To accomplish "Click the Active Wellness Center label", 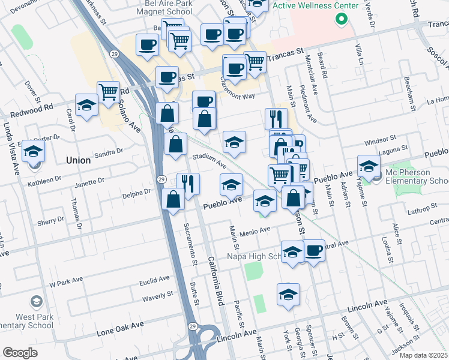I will coord(315,5).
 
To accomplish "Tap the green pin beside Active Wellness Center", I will coord(342,19).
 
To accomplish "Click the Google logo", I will coord(20,353).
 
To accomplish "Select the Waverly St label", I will coord(157,297).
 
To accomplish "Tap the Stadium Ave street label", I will coord(209,161).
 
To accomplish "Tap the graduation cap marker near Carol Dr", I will coord(87,105).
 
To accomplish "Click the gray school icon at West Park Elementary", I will coord(37,302).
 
